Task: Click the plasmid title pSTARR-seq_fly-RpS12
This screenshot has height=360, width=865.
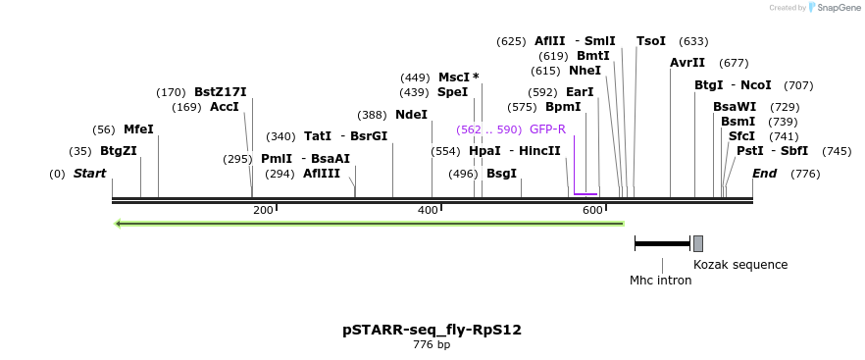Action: point(432,330)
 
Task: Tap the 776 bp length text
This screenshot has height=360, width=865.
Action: point(432,345)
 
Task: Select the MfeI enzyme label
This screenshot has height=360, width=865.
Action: point(138,129)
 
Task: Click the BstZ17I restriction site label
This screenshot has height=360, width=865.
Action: point(221,92)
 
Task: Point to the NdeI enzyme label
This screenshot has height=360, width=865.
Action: point(412,115)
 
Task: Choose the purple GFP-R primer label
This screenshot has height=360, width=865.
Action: point(547,129)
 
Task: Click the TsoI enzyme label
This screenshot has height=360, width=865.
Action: point(651,41)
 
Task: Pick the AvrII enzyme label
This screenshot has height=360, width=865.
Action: point(687,63)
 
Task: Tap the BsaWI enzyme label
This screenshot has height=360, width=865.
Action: point(735,107)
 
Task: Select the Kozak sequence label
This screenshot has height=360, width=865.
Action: point(740,265)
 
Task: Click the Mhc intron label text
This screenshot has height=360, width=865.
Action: point(660,281)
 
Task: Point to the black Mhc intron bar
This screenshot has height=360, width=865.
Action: point(662,243)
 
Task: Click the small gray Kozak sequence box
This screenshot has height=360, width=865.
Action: point(698,243)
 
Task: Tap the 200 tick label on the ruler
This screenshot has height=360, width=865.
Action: point(263,211)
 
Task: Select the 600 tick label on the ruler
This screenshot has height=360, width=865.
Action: point(591,211)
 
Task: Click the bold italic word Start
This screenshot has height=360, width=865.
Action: point(89,174)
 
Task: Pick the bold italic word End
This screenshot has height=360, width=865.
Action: point(765,174)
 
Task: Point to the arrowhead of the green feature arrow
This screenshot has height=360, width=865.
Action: point(119,224)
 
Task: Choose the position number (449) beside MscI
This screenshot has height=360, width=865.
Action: point(415,77)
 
